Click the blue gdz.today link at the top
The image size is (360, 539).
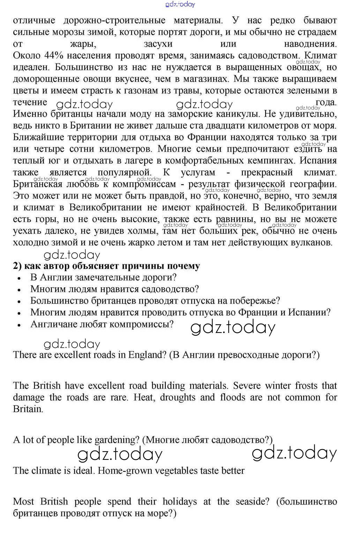pos(180,4)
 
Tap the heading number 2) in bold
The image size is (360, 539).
pos(17,266)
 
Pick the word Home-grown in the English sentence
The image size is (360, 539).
pos(123,471)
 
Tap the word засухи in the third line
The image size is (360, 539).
pos(158,44)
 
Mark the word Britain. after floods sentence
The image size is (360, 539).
pos(28,409)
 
